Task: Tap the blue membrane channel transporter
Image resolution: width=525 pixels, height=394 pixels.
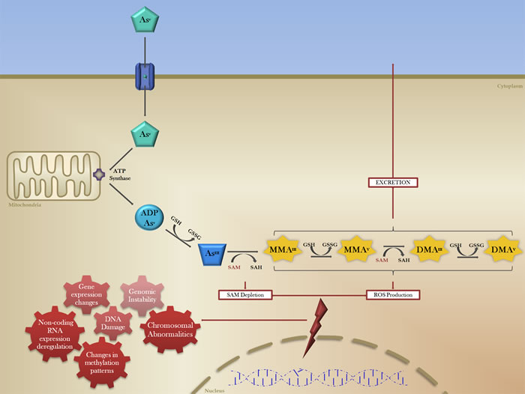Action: point(144,76)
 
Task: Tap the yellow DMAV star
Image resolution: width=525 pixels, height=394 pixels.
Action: point(505,248)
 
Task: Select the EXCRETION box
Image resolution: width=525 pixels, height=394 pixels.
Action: point(392,182)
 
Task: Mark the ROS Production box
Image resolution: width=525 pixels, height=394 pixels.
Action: point(392,294)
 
